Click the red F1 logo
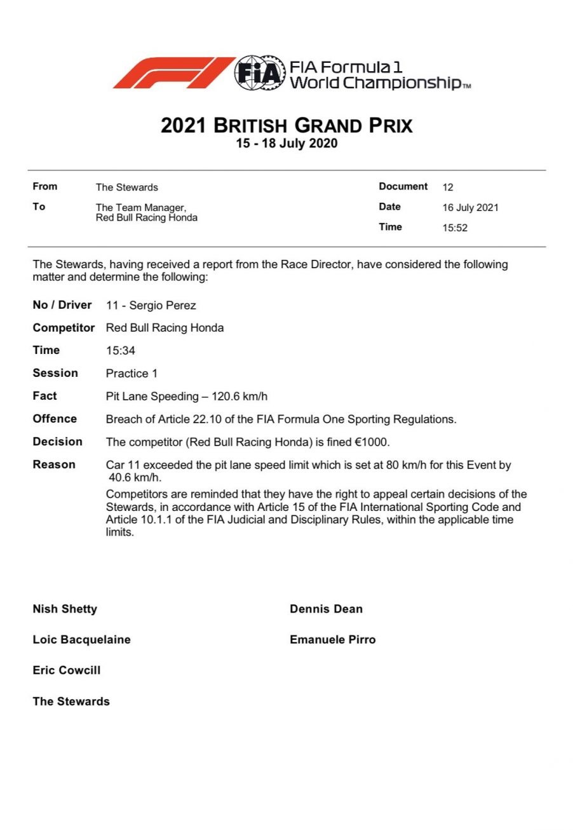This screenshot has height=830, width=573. (173, 73)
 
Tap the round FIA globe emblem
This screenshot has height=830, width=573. (259, 73)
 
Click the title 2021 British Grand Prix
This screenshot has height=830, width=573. (286, 125)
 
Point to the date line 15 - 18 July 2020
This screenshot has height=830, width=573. (286, 144)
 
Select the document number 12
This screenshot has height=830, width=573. (448, 187)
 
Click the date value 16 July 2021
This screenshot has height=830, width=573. (470, 208)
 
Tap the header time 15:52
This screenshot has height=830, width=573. (455, 228)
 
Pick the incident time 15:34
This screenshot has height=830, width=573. (120, 351)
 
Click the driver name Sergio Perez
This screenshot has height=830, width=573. (163, 306)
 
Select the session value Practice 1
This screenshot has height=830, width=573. (131, 374)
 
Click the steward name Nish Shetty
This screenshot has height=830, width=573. (65, 609)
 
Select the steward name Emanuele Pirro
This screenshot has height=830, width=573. (332, 639)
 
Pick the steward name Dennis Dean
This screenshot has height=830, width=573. (326, 609)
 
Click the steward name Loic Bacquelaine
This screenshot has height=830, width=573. (81, 639)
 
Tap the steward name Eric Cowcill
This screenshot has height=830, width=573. (66, 670)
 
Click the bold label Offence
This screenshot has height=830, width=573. (55, 419)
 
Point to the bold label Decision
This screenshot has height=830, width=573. (57, 442)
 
